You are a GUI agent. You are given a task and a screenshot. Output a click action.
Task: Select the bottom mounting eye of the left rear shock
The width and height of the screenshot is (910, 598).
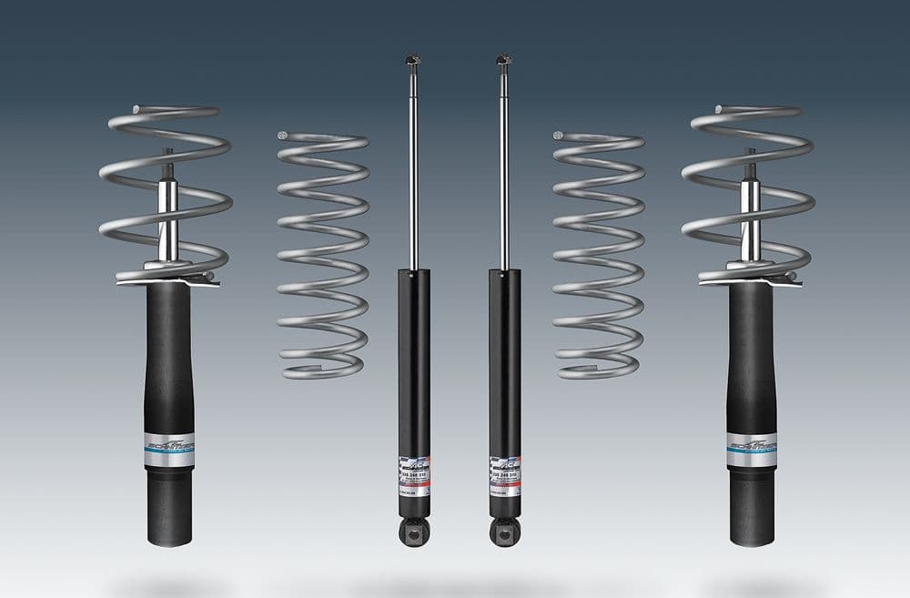(414, 531)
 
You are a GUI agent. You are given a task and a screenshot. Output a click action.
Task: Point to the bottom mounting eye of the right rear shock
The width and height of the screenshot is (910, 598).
(504, 531)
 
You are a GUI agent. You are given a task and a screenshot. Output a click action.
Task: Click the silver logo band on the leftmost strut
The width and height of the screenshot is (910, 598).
(169, 451)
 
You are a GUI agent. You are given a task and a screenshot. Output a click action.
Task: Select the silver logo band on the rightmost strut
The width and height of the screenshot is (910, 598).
(752, 451)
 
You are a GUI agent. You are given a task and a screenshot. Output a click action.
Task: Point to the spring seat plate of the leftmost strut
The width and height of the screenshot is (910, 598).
(169, 276)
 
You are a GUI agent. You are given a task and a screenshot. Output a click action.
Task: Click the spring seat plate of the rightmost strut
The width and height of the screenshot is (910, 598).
(752, 276)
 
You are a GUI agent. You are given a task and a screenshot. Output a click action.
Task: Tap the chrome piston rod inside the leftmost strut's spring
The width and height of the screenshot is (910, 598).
(168, 218)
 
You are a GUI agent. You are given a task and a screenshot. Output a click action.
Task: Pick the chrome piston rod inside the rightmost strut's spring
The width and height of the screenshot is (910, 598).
(751, 218)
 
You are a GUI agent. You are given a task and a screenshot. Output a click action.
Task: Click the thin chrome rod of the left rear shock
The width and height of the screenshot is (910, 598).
(413, 173)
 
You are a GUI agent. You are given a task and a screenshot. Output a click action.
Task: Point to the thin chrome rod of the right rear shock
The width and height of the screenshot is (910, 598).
(503, 173)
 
